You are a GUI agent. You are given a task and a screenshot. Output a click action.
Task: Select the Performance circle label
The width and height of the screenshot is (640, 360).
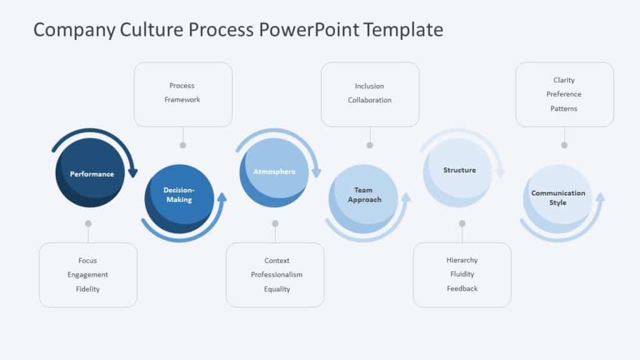pos(92,174)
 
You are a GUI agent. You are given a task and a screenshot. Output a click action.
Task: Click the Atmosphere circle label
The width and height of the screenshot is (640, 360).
pos(274,171)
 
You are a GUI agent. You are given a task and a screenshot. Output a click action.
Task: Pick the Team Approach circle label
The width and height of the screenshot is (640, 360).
pos(364,195)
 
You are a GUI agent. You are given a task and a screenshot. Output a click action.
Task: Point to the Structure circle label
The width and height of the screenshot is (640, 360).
pos(459,170)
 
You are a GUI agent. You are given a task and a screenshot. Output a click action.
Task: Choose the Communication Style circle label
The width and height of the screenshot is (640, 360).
pos(558,197)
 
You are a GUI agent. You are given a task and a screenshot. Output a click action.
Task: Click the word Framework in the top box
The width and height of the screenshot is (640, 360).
pos(182,100)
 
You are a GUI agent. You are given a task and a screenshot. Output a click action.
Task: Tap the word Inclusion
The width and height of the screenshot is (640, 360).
pos(369,86)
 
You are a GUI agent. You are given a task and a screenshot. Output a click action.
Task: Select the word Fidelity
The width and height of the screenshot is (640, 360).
pos(88,289)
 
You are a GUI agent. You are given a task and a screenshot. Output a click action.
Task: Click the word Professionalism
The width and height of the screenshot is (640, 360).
pos(276,275)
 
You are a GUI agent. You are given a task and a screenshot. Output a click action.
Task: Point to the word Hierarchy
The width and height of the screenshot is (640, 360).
pos(462,260)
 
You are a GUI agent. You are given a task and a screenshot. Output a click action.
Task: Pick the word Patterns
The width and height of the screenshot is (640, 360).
pos(564,109)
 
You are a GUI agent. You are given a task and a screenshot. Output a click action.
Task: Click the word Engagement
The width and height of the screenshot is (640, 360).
pos(88,275)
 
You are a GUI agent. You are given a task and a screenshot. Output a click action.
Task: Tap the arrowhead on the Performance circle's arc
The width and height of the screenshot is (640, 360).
pos(132,172)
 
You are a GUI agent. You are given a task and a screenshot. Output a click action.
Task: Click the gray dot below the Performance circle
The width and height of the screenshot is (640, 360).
pos(88,223)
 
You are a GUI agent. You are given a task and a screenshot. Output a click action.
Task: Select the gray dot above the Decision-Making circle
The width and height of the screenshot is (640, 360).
pos(182,145)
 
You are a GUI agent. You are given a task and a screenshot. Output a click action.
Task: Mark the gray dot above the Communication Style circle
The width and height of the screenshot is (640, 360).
pos(564,145)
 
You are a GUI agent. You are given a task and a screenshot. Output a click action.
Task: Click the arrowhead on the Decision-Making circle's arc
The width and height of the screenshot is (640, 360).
pos(221,197)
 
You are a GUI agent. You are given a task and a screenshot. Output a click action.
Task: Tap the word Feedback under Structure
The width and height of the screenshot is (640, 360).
pos(462,289)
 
